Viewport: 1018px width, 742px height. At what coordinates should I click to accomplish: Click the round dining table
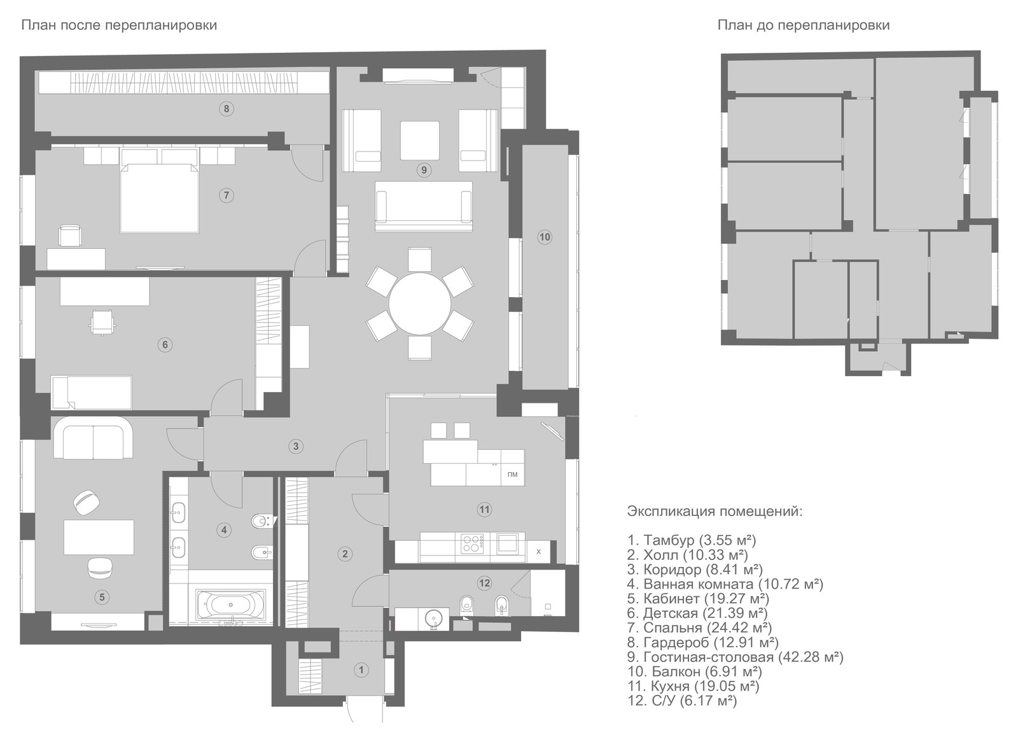point(420,304)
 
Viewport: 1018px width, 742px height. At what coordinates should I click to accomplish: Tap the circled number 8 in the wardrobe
point(227,109)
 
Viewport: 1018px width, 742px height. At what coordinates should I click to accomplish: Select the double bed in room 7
point(160,199)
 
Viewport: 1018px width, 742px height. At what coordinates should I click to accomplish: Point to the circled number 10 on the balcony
point(545,237)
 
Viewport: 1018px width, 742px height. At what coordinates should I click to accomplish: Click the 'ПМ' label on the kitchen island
point(512,475)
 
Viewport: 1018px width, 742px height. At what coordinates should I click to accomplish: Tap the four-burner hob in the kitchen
point(472,543)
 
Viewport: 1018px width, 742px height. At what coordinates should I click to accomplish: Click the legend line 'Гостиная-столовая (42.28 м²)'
point(736,657)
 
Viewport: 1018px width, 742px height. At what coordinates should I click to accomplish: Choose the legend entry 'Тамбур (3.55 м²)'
point(692,540)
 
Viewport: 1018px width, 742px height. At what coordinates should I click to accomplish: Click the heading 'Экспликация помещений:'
point(715,512)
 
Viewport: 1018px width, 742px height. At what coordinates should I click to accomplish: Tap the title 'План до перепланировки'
point(804,25)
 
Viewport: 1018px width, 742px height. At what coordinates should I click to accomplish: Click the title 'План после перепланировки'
point(119,25)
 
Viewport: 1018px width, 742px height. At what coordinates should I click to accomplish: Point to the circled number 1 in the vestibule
point(361,670)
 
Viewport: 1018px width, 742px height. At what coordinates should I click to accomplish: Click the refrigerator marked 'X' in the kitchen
point(538,552)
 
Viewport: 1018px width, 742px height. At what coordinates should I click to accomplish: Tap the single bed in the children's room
point(92,392)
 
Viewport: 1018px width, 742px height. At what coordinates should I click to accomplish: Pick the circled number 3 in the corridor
point(296,446)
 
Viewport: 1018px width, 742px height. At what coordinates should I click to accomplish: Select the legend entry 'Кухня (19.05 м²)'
point(693,686)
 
